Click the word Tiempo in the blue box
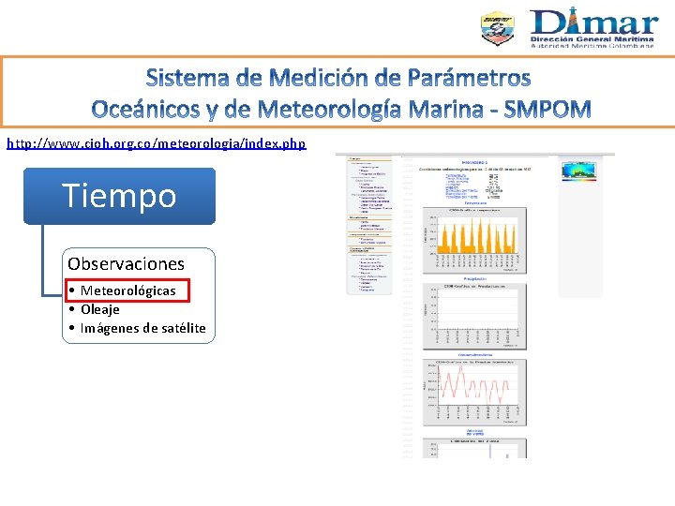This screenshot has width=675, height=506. click(x=119, y=196)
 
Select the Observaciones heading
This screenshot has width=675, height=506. click(x=126, y=263)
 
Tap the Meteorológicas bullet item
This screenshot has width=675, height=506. click(x=127, y=290)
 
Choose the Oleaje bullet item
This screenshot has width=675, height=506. click(x=99, y=309)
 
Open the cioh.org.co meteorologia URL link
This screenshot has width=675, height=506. click(x=156, y=142)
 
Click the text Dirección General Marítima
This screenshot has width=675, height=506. click(x=594, y=39)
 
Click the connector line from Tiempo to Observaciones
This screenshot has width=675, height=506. click(x=43, y=262)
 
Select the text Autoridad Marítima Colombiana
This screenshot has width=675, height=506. click(x=594, y=47)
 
